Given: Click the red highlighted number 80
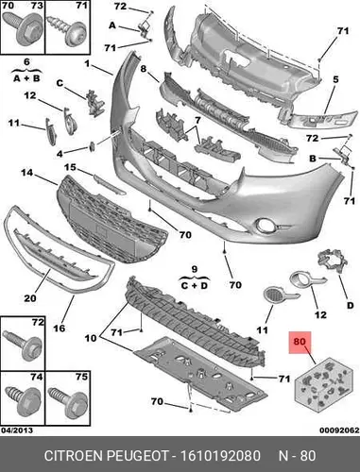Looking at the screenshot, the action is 300,342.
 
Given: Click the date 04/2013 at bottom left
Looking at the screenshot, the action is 17,430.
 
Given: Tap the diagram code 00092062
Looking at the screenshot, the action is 339,430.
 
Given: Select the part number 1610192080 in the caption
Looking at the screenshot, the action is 220,456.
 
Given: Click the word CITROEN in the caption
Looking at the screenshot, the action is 74,456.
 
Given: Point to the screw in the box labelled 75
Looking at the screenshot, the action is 67,399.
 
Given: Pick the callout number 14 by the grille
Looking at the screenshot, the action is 27,173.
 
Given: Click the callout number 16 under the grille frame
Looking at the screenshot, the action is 59,329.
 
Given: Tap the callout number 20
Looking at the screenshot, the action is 30,297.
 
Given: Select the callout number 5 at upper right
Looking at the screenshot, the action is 335,79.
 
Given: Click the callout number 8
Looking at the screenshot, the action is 144,68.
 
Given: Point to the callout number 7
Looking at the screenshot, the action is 197,120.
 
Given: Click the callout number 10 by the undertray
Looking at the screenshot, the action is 91,338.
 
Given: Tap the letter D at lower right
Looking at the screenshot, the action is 351,305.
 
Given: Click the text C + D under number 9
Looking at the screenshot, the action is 195,286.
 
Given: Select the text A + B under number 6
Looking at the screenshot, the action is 26,78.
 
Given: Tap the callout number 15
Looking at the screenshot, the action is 70,167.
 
